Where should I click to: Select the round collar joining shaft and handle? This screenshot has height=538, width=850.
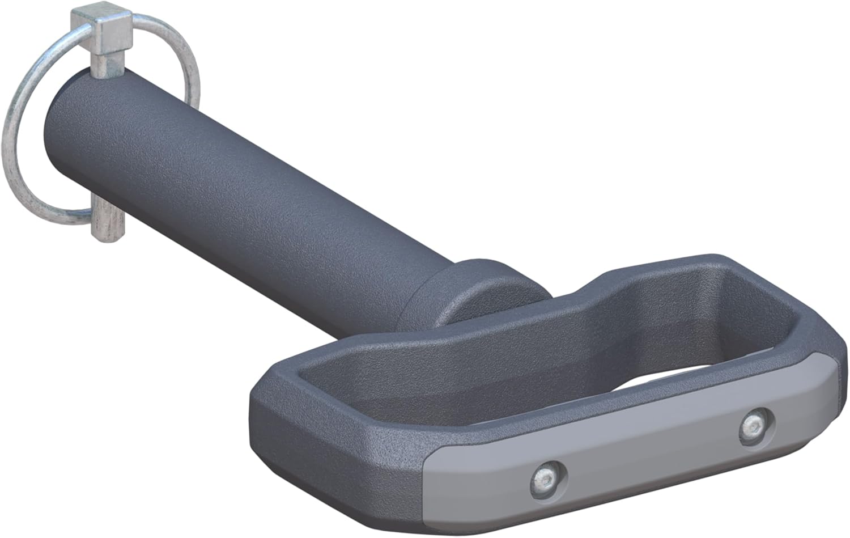(482, 295)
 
